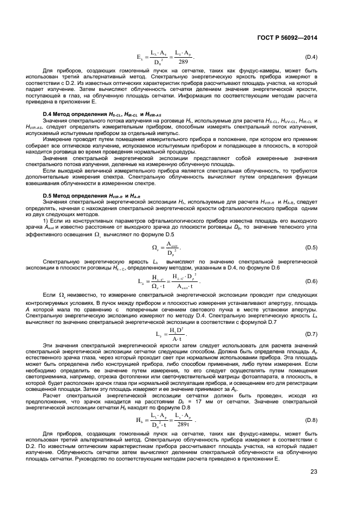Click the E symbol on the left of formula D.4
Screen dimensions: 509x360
click(x=139, y=57)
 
